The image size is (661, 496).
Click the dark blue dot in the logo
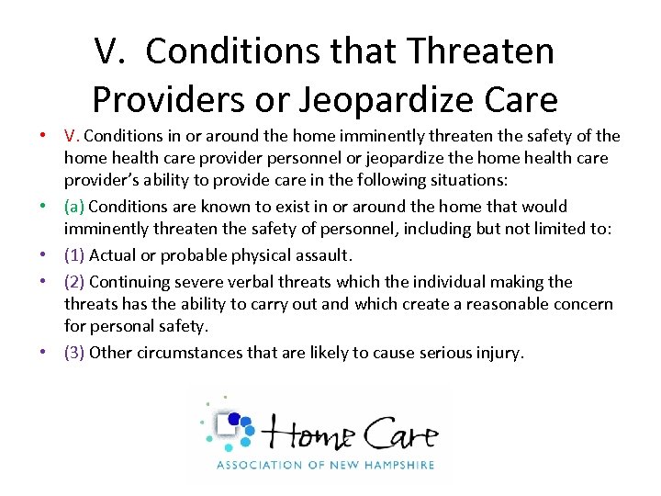tap(234, 420)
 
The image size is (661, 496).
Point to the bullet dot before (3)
tap(43, 352)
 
